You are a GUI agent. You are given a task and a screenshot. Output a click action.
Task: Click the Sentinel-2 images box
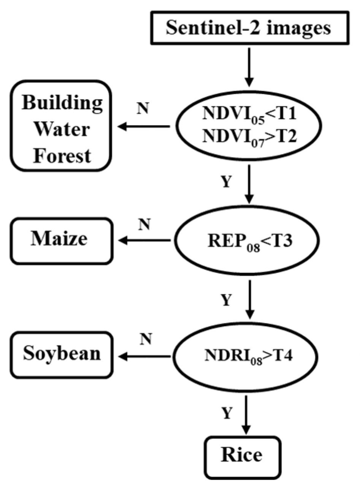(249, 29)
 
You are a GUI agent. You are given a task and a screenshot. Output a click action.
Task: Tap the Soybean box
(62, 354)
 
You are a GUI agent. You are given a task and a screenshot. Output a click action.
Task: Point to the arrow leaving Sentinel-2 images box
(249, 66)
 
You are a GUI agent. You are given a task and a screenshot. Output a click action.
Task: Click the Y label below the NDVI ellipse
(227, 183)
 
